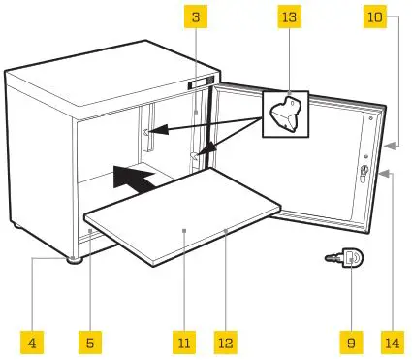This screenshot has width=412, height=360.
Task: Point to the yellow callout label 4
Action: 31,342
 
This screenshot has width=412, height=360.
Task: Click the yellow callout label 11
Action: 182,342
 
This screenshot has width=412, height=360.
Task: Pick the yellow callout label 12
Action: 226,342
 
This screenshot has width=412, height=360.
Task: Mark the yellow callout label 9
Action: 350,342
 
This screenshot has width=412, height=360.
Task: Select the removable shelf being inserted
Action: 184,218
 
